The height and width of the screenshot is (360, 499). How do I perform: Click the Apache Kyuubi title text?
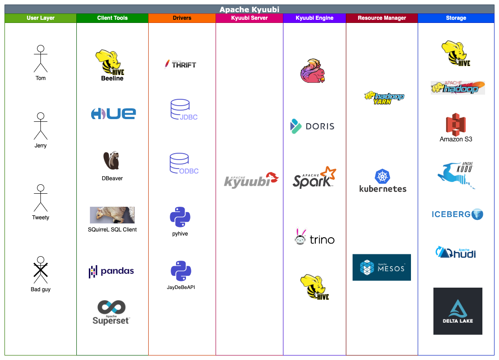coord(249,9)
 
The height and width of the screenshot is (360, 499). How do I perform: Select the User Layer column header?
coord(40,18)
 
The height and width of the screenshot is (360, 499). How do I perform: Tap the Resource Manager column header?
coord(382,18)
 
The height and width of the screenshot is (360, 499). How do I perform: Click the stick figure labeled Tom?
coord(40,59)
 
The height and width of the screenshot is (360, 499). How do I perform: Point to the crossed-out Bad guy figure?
coord(40,270)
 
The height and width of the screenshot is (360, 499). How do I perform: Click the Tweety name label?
coord(40,218)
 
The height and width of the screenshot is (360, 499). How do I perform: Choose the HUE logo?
coord(113,113)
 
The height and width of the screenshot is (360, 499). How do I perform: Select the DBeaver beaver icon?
coord(111,160)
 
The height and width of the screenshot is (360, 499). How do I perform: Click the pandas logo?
coord(111,271)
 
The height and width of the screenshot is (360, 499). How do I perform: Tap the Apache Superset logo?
coord(111,312)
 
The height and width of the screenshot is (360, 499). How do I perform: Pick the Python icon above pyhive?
coord(180,217)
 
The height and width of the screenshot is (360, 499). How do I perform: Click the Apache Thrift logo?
coord(181,64)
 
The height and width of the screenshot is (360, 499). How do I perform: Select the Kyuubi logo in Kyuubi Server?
coord(251,180)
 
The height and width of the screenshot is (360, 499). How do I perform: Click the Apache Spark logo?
coord(314,178)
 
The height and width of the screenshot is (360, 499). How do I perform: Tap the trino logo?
coord(314,237)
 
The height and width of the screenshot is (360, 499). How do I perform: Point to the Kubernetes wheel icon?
coord(383,176)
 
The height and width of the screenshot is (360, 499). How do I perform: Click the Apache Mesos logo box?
coord(382,267)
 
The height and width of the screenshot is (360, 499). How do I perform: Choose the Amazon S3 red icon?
coord(456,124)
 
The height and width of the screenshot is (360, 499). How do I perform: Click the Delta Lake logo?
coord(458,311)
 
